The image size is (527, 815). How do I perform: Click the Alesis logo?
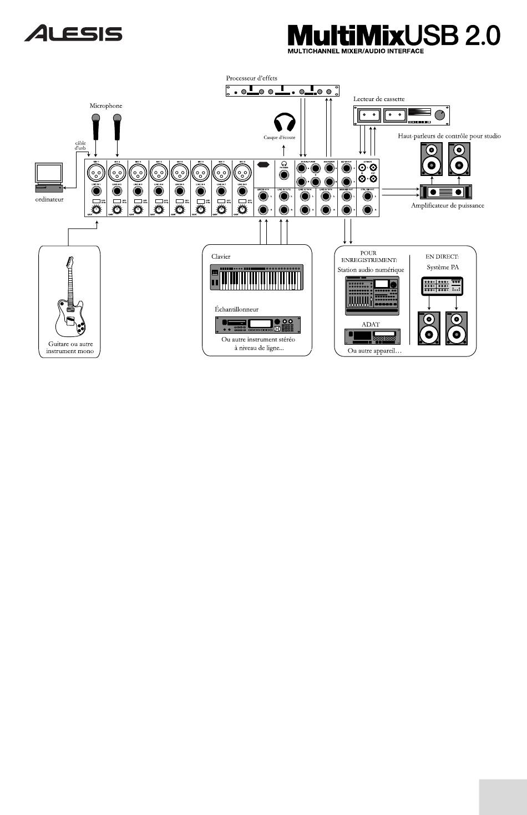click(73, 33)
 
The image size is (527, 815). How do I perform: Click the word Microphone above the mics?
click(106, 105)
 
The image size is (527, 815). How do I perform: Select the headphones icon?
click(285, 123)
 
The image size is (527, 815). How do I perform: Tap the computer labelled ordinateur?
click(49, 177)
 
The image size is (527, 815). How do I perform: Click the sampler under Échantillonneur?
click(257, 325)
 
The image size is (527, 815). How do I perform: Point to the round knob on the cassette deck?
click(440, 115)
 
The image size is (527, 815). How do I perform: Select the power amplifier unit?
click(447, 192)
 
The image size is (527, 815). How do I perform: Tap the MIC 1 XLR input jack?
click(95, 172)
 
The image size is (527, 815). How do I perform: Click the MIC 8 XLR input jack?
click(242, 172)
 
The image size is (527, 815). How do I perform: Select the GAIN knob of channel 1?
click(96, 210)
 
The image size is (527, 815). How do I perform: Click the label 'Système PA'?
click(443, 267)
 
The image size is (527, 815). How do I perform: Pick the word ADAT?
click(370, 324)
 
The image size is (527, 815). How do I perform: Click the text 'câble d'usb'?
click(80, 146)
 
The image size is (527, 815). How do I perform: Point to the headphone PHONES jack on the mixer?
click(285, 174)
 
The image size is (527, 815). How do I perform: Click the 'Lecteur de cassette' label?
click(379, 99)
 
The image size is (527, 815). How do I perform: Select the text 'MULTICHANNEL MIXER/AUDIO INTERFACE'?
click(356, 51)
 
